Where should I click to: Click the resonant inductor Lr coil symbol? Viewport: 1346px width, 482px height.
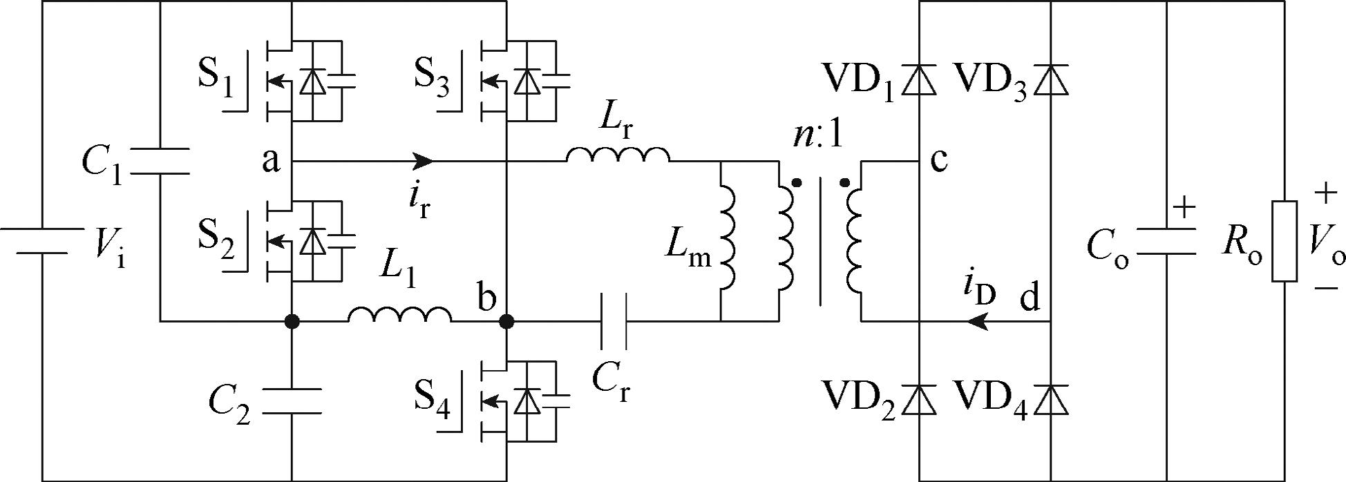[618, 155]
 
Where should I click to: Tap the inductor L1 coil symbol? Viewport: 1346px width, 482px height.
[400, 315]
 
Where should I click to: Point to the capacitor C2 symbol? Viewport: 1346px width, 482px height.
[292, 401]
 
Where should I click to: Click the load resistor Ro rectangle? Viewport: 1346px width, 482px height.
[1284, 241]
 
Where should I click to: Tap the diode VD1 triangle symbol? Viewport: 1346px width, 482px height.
[920, 80]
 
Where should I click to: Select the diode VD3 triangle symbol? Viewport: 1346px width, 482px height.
[1051, 80]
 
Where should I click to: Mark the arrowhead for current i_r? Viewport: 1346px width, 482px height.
[423, 162]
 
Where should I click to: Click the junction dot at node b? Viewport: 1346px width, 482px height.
[506, 321]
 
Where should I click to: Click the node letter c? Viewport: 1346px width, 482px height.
[939, 161]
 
